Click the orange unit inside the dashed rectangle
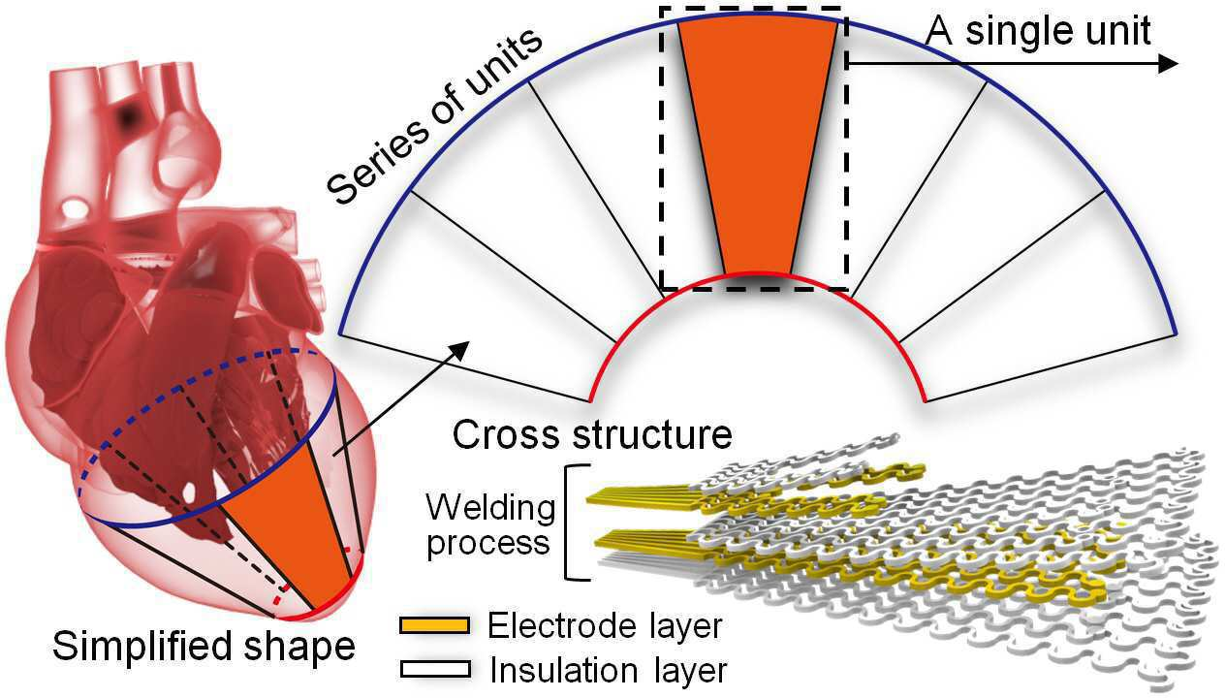click(758, 145)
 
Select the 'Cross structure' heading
click(592, 435)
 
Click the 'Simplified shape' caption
click(204, 647)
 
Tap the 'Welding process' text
click(490, 525)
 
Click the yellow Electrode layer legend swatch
click(435, 625)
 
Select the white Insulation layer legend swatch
click(435, 669)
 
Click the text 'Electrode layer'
click(605, 626)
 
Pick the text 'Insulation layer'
click(608, 670)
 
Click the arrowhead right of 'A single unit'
click(1167, 63)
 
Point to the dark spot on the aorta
click(128, 114)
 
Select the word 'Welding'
click(490, 509)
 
